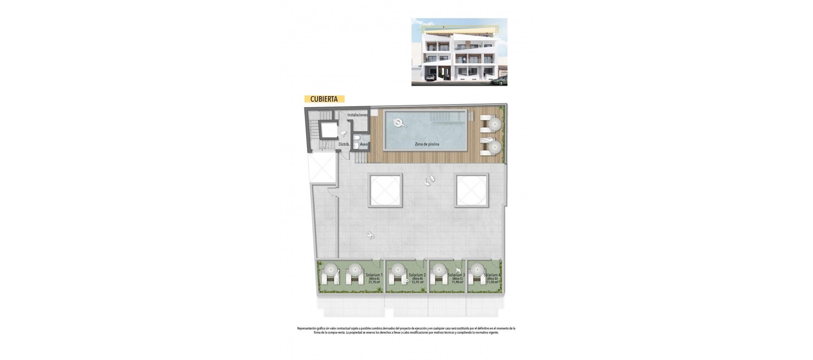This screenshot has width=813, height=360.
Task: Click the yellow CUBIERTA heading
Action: (x=324, y=99)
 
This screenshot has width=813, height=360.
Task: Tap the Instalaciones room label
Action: (x=357, y=115)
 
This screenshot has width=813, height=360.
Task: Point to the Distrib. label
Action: (x=344, y=144)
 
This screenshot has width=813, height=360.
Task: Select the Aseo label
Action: (x=364, y=144)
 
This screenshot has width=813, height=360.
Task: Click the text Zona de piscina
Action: (x=427, y=144)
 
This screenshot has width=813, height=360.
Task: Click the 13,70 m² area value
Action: (x=417, y=282)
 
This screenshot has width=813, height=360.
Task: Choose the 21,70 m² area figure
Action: (x=374, y=282)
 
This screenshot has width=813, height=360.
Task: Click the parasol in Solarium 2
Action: (x=398, y=269)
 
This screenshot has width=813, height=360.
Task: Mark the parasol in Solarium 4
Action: (x=477, y=269)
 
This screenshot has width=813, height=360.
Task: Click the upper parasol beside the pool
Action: (x=494, y=125)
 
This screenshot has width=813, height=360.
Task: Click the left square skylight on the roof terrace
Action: (x=384, y=190)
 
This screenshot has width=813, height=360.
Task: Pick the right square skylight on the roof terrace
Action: (x=470, y=190)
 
